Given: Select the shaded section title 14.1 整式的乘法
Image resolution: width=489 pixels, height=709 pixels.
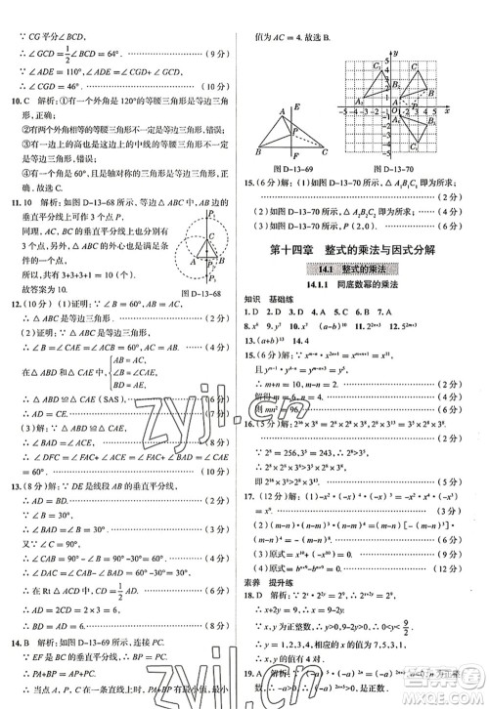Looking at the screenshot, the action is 362,268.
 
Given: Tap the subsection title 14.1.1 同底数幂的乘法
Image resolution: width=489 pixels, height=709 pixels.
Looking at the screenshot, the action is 361,286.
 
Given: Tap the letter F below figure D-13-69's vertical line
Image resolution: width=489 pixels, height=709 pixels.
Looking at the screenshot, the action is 295,156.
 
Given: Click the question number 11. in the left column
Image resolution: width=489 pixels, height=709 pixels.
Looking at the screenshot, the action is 15,203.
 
